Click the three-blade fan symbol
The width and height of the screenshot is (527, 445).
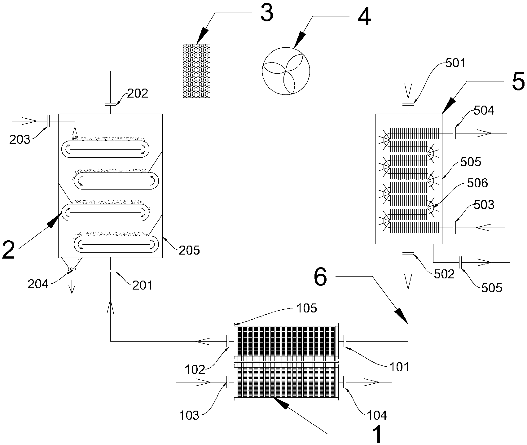click(x=286, y=71)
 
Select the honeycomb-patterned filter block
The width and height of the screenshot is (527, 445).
click(x=196, y=71)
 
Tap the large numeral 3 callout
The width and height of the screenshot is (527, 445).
click(x=267, y=13)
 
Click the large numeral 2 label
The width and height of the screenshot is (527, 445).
click(x=8, y=250)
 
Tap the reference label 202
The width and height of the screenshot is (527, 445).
click(x=138, y=93)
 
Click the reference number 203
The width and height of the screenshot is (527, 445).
click(x=20, y=140)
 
